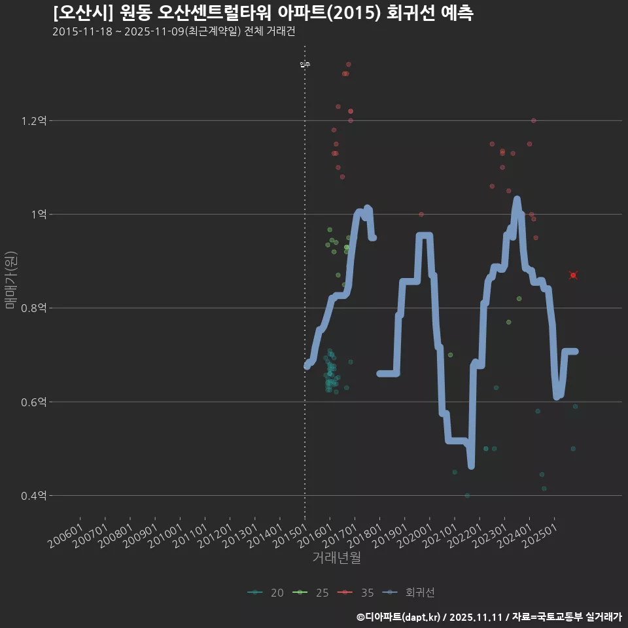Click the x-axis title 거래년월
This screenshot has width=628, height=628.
pyautogui.click(x=336, y=558)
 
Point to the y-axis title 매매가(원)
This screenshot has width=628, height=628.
pyautogui.click(x=11, y=280)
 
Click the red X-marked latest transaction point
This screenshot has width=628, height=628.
pyautogui.click(x=573, y=275)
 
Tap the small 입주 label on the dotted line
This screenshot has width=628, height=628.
pyautogui.click(x=305, y=64)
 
